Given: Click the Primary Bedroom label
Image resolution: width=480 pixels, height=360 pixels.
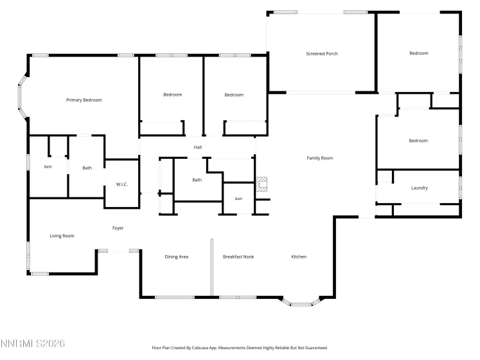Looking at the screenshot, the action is click(x=84, y=100).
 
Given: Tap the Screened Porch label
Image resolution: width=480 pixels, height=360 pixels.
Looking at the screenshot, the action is click(x=322, y=53).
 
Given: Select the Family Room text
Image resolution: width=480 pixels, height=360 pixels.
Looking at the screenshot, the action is click(x=319, y=158).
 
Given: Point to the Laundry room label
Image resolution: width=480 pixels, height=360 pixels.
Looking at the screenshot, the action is click(x=420, y=188).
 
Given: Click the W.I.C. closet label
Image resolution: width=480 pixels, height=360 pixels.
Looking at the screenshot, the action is click(x=121, y=184).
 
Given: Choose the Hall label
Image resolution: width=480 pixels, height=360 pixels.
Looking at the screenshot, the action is click(x=198, y=147).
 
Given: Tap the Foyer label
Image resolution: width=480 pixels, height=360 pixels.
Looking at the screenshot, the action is click(x=118, y=228).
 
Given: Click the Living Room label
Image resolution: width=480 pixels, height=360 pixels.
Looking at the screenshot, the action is click(x=62, y=236).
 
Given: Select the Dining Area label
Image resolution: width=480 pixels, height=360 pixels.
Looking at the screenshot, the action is click(x=176, y=256).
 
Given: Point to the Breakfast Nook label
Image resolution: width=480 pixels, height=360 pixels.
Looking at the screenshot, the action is click(x=238, y=256).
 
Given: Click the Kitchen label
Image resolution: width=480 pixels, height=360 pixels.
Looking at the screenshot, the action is click(x=299, y=256).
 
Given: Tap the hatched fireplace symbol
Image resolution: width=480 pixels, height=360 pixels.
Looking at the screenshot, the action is click(x=262, y=184).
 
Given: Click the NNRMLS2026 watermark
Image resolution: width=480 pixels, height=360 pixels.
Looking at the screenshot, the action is click(x=33, y=343).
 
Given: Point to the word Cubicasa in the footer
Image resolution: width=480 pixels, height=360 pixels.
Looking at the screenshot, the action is click(x=199, y=348).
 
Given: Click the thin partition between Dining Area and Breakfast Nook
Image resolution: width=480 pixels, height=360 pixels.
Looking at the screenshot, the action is click(x=212, y=267).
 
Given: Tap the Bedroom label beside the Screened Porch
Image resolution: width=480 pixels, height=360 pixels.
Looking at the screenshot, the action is click(x=419, y=53).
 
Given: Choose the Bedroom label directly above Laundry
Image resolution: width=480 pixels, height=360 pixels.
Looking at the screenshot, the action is click(x=418, y=141).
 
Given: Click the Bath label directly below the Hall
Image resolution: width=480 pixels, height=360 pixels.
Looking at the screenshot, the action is click(x=197, y=180).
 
